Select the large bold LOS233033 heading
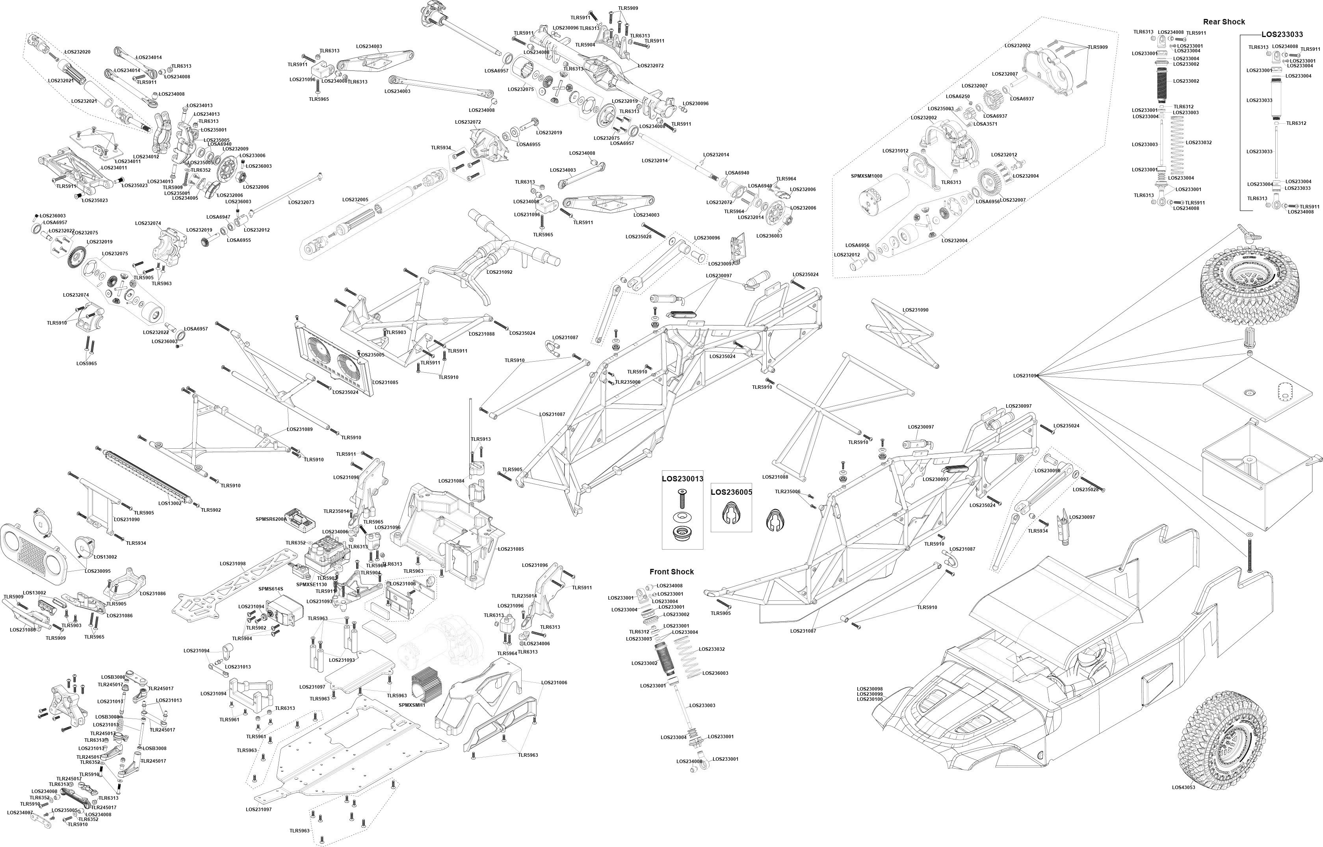pyautogui.click(x=1282, y=34)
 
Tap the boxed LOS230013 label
pyautogui.click(x=682, y=479)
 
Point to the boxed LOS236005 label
pyautogui.click(x=731, y=492)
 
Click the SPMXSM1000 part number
pyautogui.click(x=867, y=176)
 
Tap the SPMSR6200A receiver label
pyautogui.click(x=271, y=519)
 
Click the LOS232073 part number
pyautogui.click(x=301, y=202)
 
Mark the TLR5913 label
pyautogui.click(x=481, y=439)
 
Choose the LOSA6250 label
pyautogui.click(x=958, y=96)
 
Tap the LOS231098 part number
pyautogui.click(x=232, y=564)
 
